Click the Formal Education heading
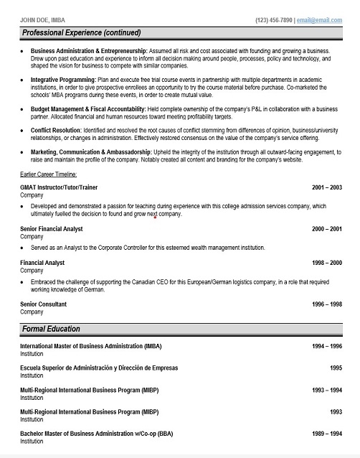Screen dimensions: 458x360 51,329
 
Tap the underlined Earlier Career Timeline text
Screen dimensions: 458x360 49,174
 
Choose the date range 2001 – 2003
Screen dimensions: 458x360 327,187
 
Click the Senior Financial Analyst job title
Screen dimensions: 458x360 52,229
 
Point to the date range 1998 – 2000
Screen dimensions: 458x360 327,263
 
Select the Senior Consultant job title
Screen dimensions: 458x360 44,305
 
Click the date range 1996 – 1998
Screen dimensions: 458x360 327,305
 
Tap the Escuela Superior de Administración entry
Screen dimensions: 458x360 99,368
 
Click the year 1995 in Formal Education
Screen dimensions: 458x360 336,368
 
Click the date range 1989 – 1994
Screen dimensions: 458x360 327,434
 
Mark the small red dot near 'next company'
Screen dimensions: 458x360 154,216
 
